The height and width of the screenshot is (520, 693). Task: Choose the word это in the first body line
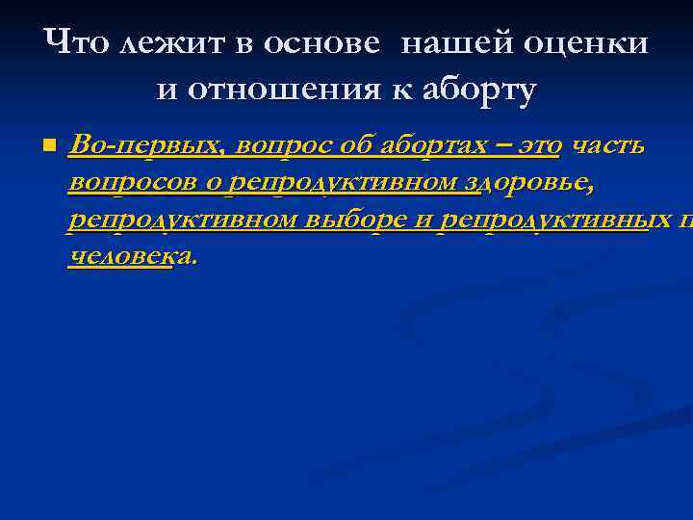(x=539, y=146)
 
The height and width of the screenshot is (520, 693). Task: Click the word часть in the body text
(x=609, y=146)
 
